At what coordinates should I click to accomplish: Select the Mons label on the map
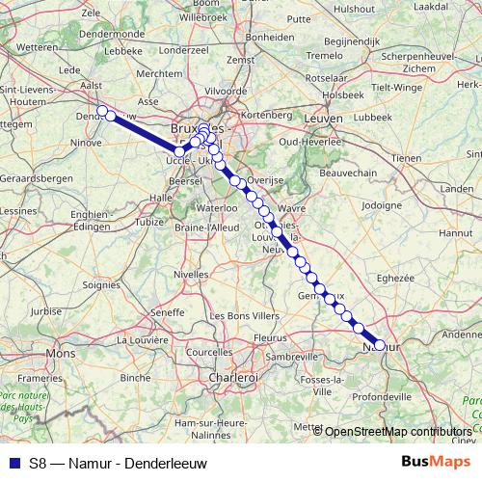[60, 354]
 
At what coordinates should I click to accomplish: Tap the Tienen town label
[406, 156]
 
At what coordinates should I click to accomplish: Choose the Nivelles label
[191, 274]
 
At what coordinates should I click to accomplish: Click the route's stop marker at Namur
[379, 345]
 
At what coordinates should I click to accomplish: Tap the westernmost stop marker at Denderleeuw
[101, 110]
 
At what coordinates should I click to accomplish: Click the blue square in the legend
[13, 461]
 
